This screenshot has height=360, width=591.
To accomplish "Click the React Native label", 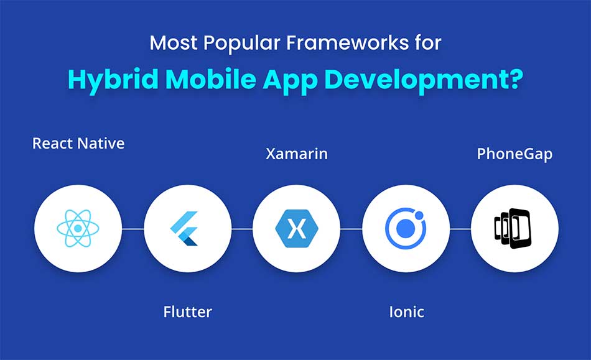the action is (x=78, y=144).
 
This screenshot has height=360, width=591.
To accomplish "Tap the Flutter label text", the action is (x=188, y=312).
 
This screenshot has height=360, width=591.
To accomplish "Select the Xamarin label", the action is (x=297, y=154).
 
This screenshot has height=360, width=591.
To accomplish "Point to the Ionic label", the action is (x=407, y=312).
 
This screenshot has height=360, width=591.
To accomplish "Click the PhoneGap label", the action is (x=514, y=154).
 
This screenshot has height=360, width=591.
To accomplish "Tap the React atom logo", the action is (x=78, y=229).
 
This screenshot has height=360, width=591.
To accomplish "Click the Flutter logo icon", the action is (x=184, y=229).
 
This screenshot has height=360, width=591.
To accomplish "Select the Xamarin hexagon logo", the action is (x=297, y=229).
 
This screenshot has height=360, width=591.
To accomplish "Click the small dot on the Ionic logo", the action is (x=419, y=215).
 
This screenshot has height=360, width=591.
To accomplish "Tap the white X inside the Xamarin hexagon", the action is (x=297, y=229).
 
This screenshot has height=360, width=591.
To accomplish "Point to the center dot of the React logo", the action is (x=78, y=229).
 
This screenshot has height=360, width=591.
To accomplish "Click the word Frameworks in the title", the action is (x=348, y=42).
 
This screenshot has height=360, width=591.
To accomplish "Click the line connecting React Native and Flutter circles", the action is (x=133, y=229).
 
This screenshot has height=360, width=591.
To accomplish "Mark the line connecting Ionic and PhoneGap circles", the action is (x=460, y=229).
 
